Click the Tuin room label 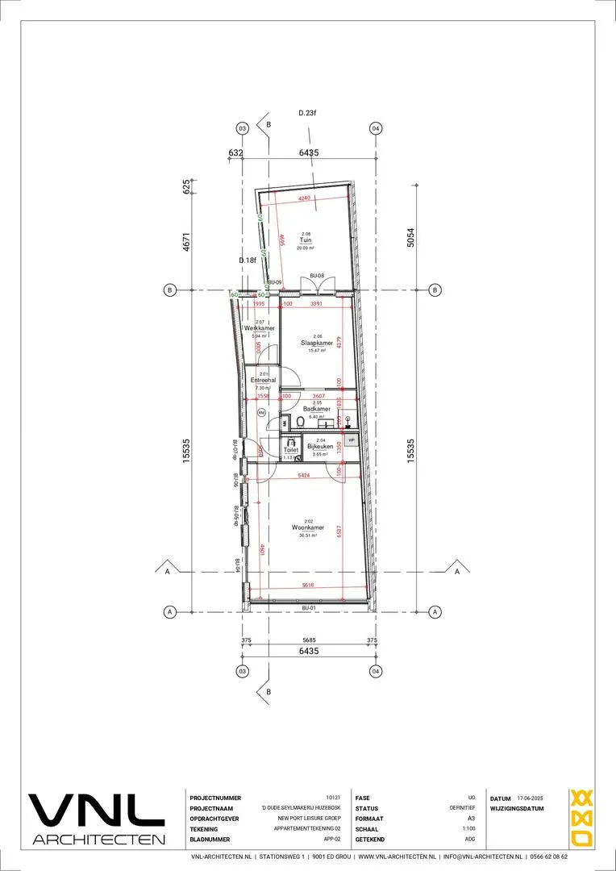point(306,240)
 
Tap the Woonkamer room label point(308,528)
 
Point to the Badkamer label point(316,409)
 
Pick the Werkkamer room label point(260,328)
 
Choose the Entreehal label point(264,380)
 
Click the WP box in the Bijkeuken point(352,440)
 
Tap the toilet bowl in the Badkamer point(300,422)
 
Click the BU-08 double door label point(317,277)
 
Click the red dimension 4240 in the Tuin point(304,198)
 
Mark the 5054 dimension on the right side point(410,237)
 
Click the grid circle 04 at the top point(376,129)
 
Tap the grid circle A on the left point(170,611)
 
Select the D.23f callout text point(306,114)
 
